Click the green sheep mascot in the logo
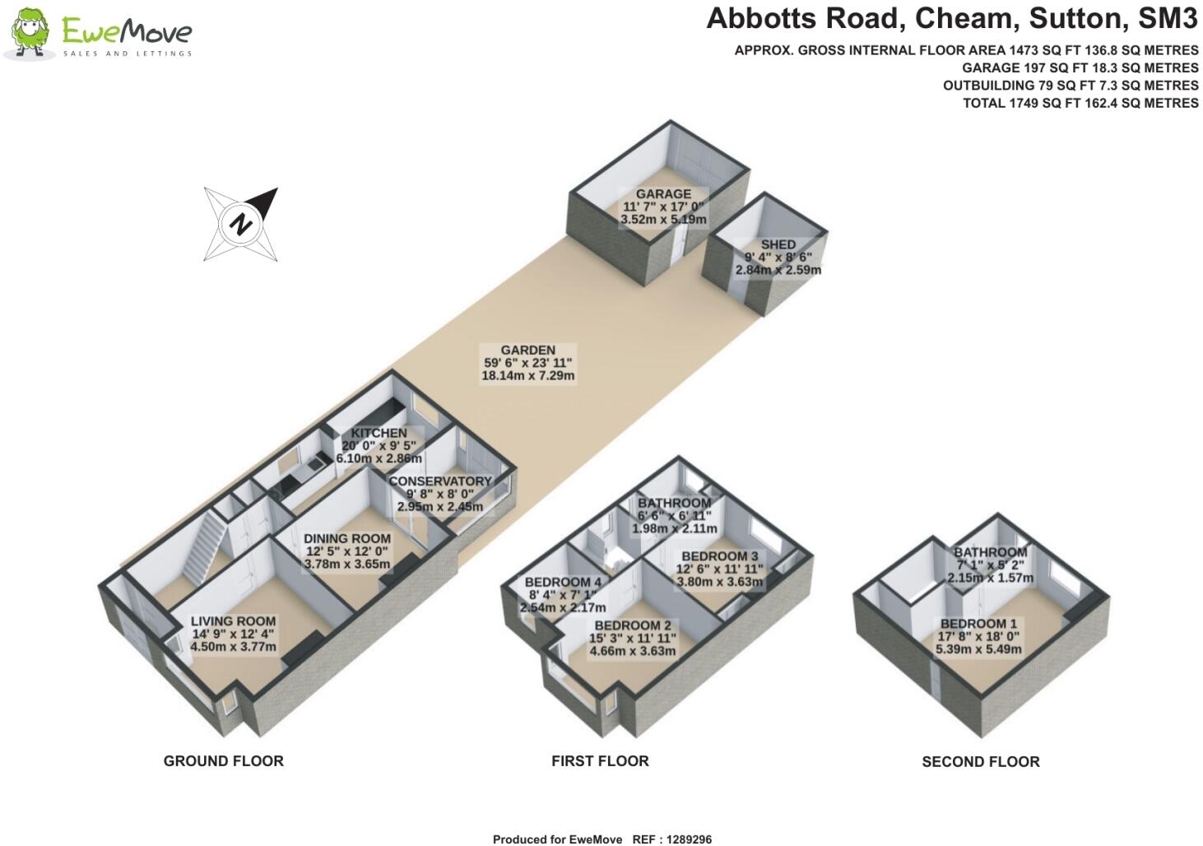tap(30, 32)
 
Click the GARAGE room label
tap(663, 194)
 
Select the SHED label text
tap(778, 245)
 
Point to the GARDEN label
tap(528, 351)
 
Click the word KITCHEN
tap(379, 433)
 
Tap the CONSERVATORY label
tap(440, 481)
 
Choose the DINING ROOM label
tap(347, 539)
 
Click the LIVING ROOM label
tap(233, 621)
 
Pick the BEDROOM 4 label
tap(563, 583)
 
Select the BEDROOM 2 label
tap(633, 625)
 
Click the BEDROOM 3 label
tap(720, 556)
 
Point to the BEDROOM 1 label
tap(978, 624)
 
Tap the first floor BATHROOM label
tap(675, 504)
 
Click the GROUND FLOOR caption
tap(224, 761)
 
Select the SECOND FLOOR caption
tap(981, 762)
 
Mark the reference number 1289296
tap(689, 839)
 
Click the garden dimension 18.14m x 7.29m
tap(528, 375)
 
